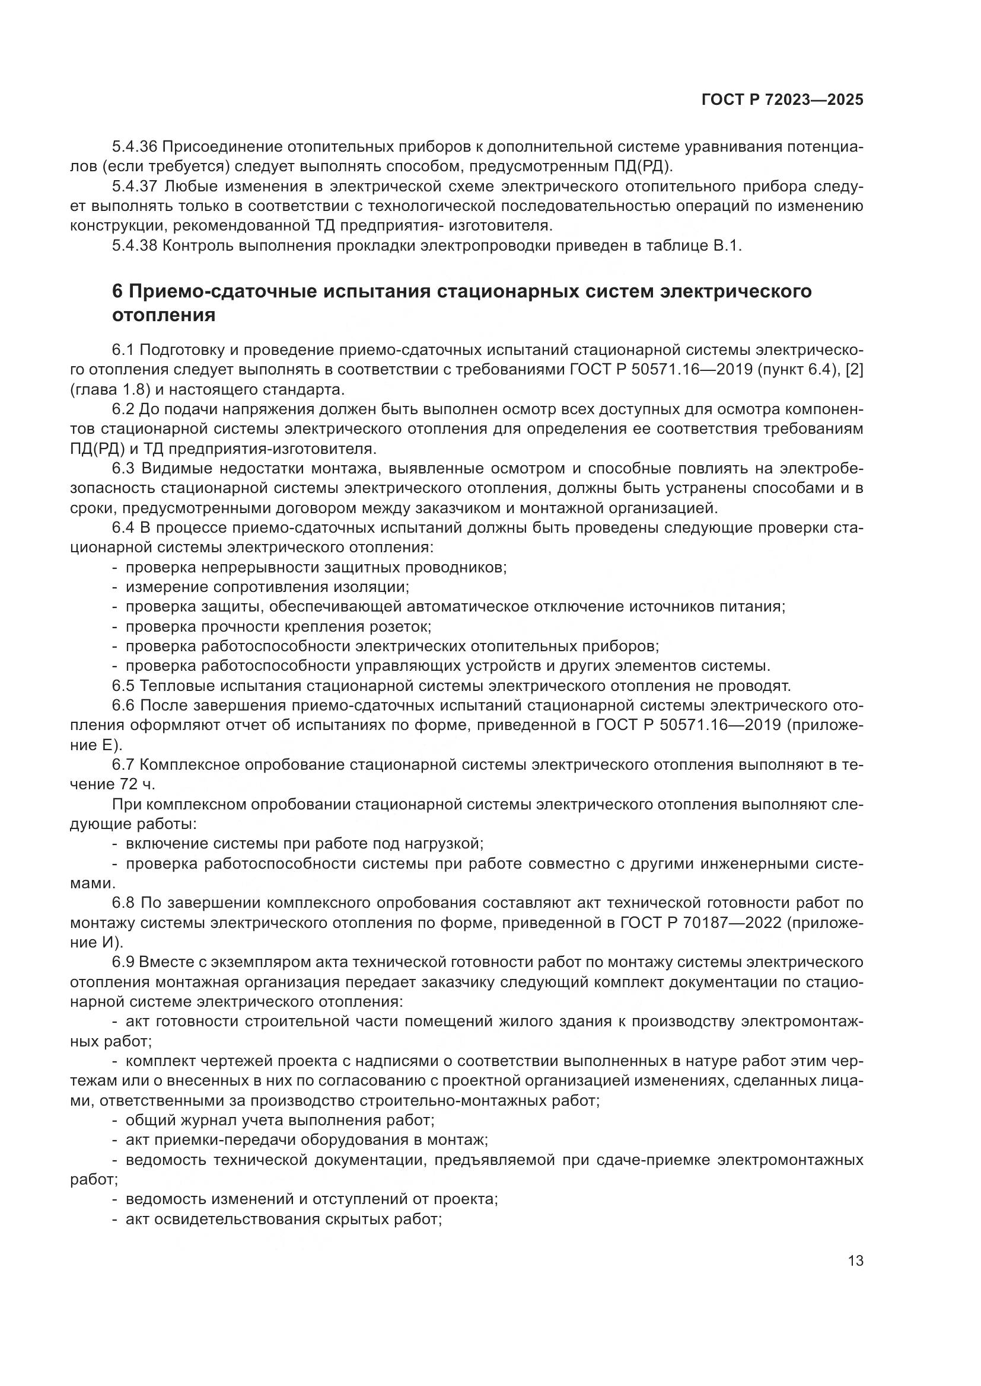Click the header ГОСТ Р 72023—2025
[782, 100]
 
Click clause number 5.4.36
[135, 147]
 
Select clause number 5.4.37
[135, 187]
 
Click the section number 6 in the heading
[117, 292]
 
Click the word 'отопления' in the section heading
[164, 315]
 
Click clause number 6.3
[125, 469]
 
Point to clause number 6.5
[125, 686]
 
